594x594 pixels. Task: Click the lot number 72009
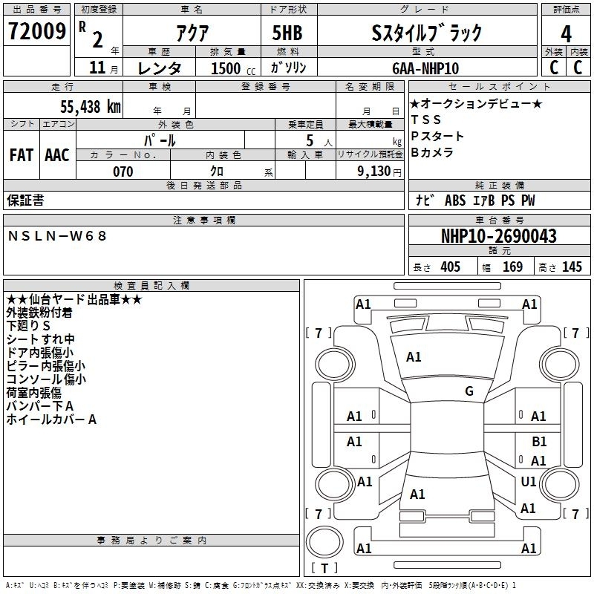click(36, 30)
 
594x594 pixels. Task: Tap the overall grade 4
click(566, 33)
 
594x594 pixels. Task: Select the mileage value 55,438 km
click(91, 107)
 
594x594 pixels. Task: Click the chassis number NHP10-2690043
click(499, 236)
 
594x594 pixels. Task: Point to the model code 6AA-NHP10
click(425, 68)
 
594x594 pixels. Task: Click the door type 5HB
click(287, 33)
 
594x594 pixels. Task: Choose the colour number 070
click(123, 172)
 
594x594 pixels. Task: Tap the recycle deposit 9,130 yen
click(379, 172)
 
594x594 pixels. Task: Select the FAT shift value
click(22, 155)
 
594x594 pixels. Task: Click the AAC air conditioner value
click(57, 155)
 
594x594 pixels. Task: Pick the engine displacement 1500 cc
click(233, 68)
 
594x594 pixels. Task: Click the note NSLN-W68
click(57, 236)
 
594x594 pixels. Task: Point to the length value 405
click(451, 267)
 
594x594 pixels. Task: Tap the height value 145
click(572, 267)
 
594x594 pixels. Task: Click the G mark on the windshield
click(469, 391)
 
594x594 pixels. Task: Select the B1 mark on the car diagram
click(539, 442)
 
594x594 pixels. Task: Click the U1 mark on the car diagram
click(529, 481)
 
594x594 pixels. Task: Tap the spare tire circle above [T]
click(324, 542)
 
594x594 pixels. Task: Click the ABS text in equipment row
click(455, 200)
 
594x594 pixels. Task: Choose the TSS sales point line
click(425, 120)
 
